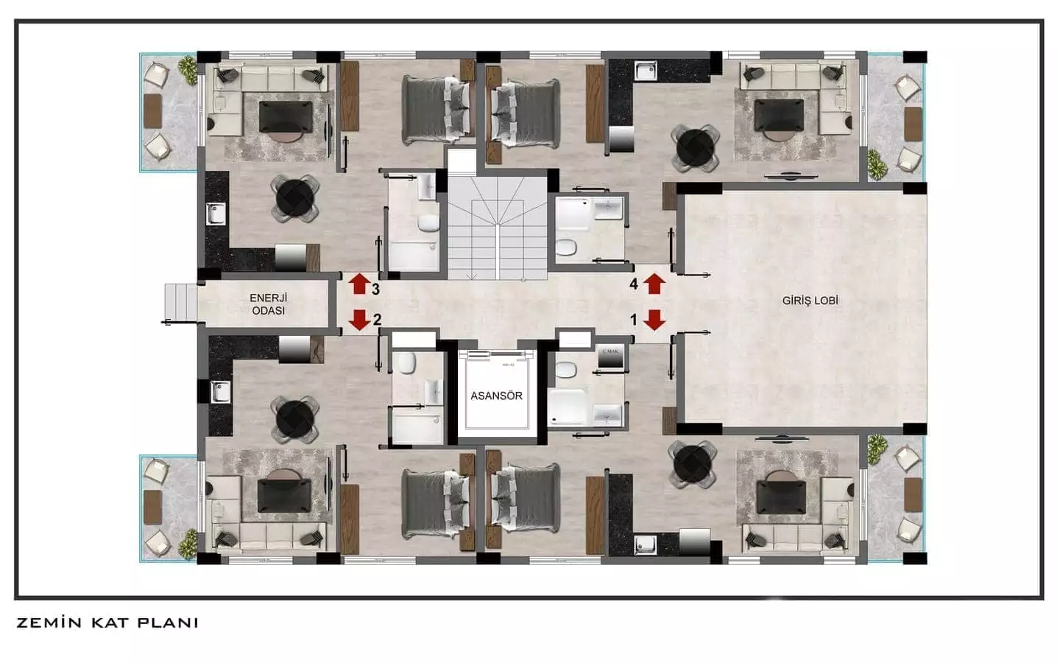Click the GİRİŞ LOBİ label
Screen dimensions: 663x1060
tap(810, 301)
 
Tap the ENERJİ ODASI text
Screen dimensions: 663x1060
tap(267, 304)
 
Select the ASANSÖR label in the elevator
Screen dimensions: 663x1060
tap(496, 396)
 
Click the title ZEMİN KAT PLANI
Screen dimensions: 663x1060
tap(107, 622)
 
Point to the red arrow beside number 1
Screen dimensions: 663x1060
tap(654, 320)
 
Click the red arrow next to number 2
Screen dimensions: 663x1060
tap(359, 320)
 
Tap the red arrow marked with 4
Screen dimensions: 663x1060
tap(654, 283)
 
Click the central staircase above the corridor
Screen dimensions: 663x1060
tap(498, 228)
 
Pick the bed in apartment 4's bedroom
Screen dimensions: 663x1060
tap(525, 112)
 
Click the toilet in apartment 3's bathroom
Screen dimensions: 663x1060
tap(428, 223)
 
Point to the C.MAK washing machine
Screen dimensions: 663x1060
tap(609, 356)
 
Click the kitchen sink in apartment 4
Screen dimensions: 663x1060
tap(646, 70)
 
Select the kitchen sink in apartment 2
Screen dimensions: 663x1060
tap(221, 391)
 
